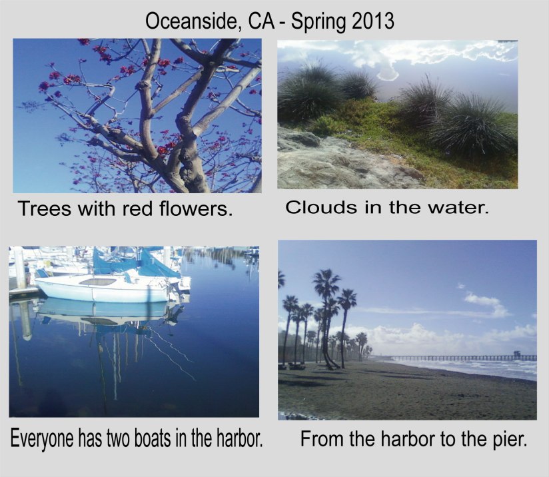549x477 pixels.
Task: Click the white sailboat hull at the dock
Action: [x=100, y=291]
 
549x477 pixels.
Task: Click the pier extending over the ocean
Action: [x=460, y=358]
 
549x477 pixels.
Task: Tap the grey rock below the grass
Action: [x=333, y=163]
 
